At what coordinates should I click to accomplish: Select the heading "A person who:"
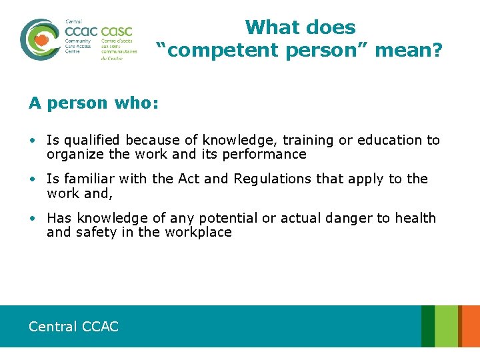coord(93,103)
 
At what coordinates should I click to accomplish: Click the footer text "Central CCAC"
coord(73,326)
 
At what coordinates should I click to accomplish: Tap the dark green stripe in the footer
coord(427,326)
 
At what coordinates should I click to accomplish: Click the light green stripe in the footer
coord(447,326)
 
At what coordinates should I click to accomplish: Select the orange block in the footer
coord(470,326)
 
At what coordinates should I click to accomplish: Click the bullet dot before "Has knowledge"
coord(33,219)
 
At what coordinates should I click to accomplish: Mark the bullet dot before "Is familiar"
coord(33,179)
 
